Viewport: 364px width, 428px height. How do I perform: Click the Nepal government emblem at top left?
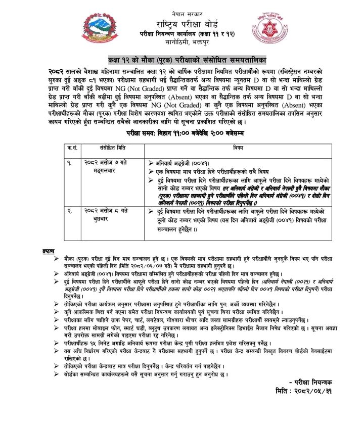(x=100, y=25)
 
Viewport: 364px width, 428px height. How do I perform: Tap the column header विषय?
(x=238, y=148)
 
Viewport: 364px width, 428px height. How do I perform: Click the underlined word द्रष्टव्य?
(x=49, y=251)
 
